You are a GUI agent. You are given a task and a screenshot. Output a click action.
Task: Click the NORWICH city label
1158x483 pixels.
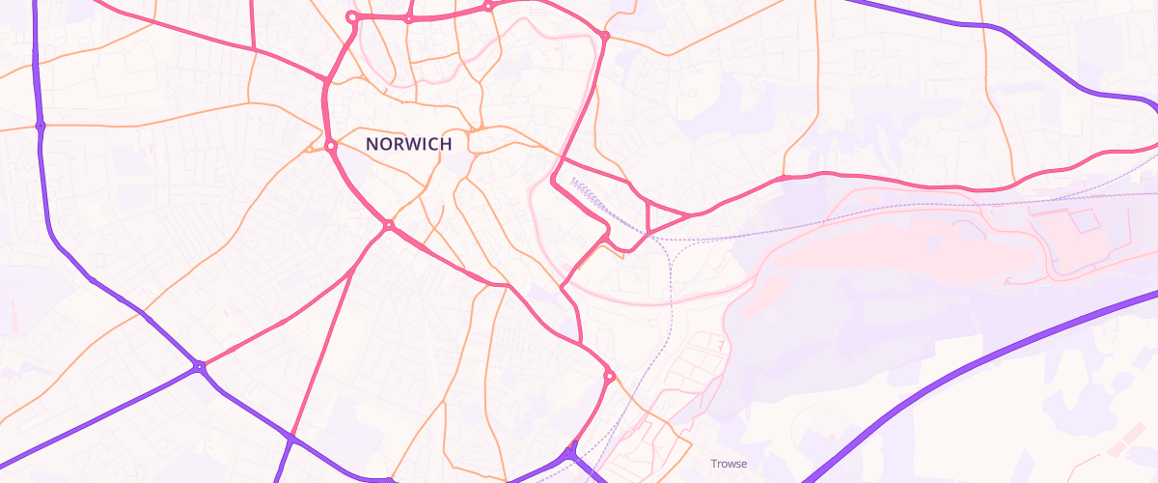tap(409, 144)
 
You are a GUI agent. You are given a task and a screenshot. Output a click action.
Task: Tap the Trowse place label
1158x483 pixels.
tap(729, 464)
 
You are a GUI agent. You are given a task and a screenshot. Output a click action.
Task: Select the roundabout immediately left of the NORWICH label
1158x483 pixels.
tap(330, 146)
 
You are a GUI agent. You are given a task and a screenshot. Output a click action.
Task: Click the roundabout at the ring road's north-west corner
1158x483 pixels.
tap(352, 16)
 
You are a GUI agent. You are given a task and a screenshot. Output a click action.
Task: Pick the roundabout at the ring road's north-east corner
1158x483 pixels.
tap(605, 37)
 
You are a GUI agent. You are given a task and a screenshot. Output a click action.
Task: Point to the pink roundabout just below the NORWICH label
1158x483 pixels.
tap(388, 225)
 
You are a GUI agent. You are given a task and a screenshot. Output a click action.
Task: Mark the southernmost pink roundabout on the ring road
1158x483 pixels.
tap(609, 376)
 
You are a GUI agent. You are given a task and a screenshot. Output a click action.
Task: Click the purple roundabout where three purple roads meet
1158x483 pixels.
tap(199, 366)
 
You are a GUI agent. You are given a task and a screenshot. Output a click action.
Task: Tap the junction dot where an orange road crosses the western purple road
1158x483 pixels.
tap(40, 126)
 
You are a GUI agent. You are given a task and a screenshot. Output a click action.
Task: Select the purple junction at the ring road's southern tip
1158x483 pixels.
tap(573, 450)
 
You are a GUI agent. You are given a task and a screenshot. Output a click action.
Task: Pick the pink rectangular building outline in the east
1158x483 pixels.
tap(1082, 220)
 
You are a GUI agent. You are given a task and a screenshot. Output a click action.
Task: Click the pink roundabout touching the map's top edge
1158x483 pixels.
tap(488, 6)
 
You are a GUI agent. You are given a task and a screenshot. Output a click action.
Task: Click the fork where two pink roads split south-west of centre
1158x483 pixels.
tap(352, 271)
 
